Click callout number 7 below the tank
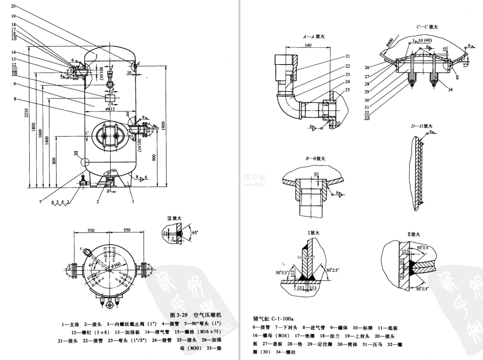(x=40, y=202)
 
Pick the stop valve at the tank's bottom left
(x=82, y=182)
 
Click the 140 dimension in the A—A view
(x=308, y=45)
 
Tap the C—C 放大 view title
(x=427, y=27)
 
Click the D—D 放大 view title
(x=422, y=126)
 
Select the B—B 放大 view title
(x=315, y=158)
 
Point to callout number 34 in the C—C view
(x=450, y=90)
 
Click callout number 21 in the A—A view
(x=347, y=57)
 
